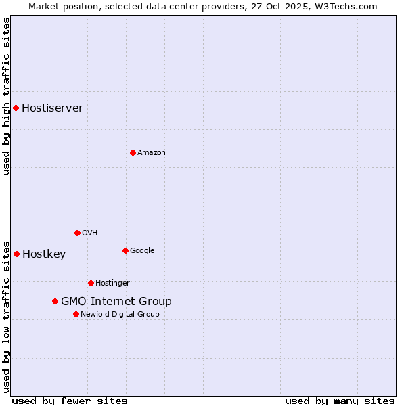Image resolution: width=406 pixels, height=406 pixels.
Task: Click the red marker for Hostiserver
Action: point(16,108)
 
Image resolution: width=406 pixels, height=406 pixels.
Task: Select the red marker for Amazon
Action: point(133,152)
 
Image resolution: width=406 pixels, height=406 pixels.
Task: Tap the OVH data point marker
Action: point(77,233)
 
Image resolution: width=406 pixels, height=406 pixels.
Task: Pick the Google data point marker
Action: point(125,250)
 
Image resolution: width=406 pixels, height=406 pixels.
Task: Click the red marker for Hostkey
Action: point(16,254)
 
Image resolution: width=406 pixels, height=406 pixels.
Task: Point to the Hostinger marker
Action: point(91,283)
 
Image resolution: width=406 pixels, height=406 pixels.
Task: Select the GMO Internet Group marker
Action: point(55,301)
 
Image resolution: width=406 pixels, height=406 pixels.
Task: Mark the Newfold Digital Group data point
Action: point(76,314)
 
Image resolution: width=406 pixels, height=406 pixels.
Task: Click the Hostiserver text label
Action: point(52,108)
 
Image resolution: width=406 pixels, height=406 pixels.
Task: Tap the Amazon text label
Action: point(152,153)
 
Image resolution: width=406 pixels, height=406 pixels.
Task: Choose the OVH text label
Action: point(90,233)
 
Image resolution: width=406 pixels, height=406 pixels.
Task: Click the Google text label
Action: point(142,251)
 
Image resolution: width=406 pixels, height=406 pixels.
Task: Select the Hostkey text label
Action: point(44,254)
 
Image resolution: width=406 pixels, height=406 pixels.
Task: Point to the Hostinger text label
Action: point(112,284)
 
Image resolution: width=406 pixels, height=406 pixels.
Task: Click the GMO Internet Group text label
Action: point(116,302)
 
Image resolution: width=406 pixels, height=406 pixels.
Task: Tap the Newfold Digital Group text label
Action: point(120,315)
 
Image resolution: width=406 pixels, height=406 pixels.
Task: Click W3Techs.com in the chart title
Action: point(346,6)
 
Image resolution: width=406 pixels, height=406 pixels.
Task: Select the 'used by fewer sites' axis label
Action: point(70,401)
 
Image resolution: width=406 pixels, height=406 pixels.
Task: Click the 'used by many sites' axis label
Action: point(340,401)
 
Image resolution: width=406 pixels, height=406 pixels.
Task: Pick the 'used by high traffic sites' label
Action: point(6,97)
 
